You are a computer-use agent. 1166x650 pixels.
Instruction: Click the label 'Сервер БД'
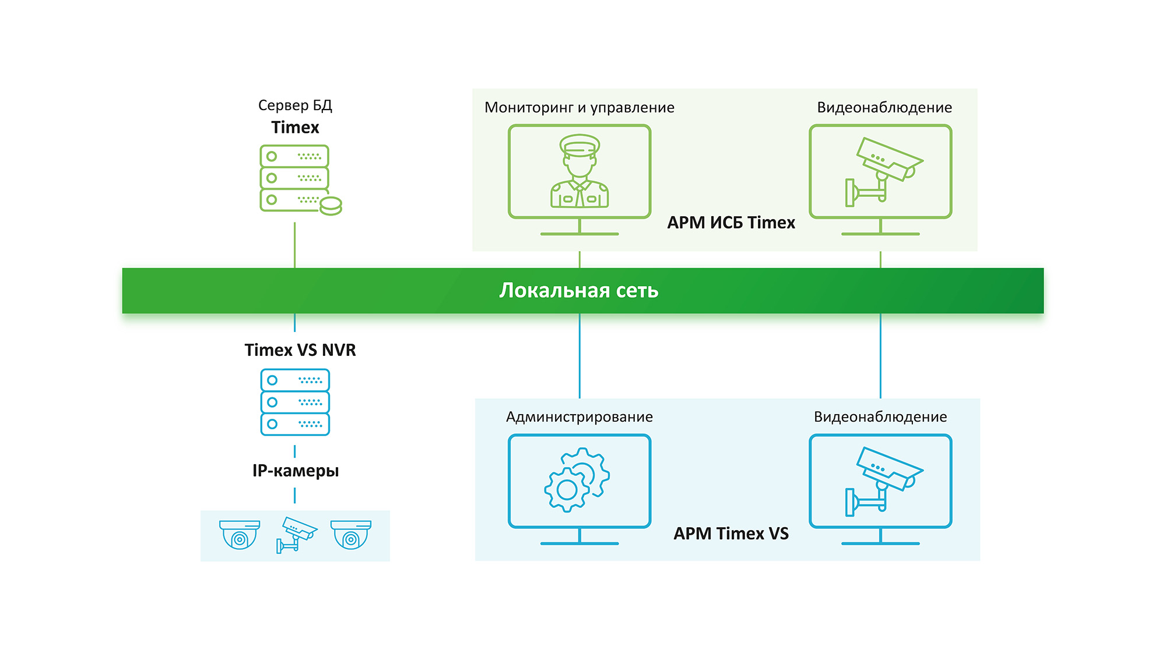[x=295, y=105]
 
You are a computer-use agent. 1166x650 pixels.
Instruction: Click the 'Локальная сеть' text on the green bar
[x=578, y=290]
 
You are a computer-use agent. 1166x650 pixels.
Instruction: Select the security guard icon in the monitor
[x=580, y=171]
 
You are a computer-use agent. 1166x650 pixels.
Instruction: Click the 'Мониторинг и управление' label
[x=579, y=108]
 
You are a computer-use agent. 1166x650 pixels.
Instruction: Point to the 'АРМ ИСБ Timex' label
[x=730, y=222]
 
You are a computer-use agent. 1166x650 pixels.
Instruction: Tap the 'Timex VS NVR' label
[x=300, y=350]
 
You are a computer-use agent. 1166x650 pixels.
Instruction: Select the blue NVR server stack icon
[x=295, y=402]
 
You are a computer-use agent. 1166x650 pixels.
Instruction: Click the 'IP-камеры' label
[x=295, y=471]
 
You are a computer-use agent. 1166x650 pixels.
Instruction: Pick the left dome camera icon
[x=240, y=535]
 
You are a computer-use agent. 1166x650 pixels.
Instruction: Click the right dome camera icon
[x=351, y=535]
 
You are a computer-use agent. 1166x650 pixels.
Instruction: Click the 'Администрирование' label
[x=579, y=417]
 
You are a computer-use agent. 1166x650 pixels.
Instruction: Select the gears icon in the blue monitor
[x=577, y=480]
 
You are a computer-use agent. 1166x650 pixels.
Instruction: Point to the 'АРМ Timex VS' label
[x=730, y=534]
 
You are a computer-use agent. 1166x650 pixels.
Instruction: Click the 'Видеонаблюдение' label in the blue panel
[x=880, y=417]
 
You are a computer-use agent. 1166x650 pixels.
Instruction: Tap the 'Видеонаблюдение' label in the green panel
[x=884, y=108]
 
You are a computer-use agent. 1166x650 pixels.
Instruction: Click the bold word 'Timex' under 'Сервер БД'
[x=295, y=128]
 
